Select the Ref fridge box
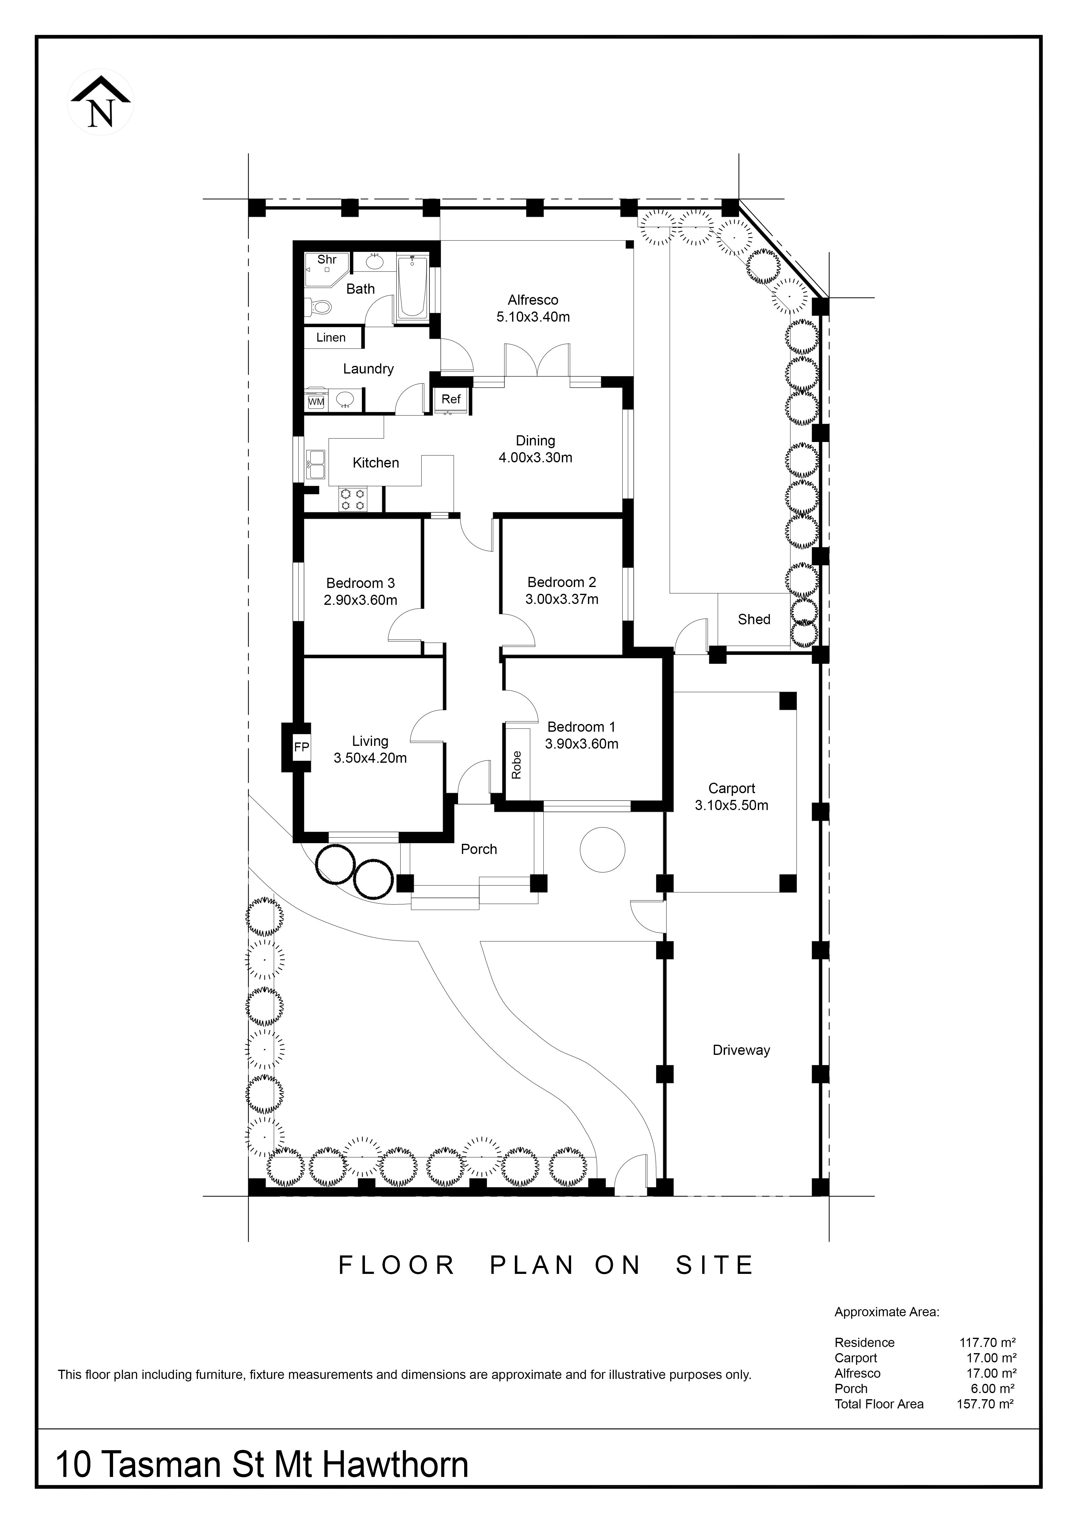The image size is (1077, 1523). (451, 399)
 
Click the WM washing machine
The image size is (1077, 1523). (316, 401)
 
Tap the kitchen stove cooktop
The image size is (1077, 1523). (352, 499)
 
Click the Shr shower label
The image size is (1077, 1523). (327, 259)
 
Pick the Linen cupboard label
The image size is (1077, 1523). (331, 338)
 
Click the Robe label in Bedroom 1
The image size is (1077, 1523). (517, 764)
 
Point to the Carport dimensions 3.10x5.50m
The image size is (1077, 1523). (731, 805)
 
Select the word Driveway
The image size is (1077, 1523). (742, 1050)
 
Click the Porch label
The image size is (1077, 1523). (479, 849)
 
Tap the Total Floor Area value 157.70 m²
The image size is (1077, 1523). (985, 1404)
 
